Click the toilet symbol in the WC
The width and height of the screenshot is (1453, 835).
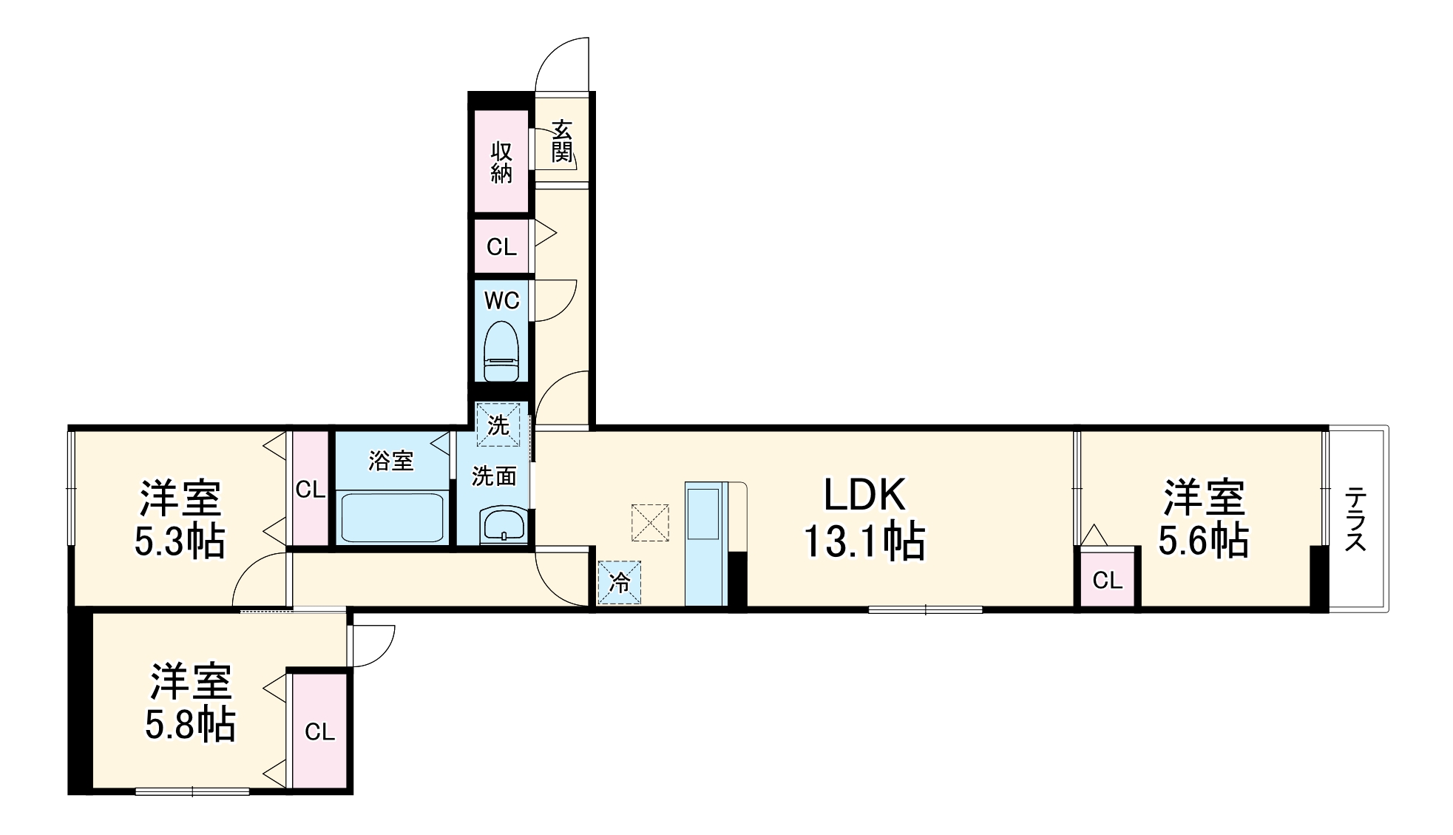click(501, 351)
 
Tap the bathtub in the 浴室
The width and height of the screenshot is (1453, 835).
click(393, 518)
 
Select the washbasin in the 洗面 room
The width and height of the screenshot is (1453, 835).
click(502, 525)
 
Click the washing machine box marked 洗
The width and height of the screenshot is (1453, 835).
click(498, 425)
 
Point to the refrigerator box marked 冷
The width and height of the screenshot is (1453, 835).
click(620, 583)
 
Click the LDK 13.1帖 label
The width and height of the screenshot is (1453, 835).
click(864, 518)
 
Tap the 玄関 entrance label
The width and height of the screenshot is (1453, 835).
click(562, 141)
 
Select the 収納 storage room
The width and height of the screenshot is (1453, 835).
click(501, 161)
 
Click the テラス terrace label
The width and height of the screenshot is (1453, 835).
click(1355, 518)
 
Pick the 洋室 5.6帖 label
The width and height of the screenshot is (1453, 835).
click(1204, 518)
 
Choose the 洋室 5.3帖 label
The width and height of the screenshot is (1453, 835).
click(180, 519)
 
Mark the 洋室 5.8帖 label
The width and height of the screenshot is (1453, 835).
click(191, 703)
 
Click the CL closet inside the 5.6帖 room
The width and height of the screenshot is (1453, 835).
click(1108, 578)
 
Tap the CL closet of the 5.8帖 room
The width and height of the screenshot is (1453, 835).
click(319, 731)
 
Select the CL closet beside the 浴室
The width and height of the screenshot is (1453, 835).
click(311, 489)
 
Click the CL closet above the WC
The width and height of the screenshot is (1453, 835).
click(501, 246)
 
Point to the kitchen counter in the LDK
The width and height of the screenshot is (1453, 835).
click(706, 544)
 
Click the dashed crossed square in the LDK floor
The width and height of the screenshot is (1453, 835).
click(650, 523)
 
